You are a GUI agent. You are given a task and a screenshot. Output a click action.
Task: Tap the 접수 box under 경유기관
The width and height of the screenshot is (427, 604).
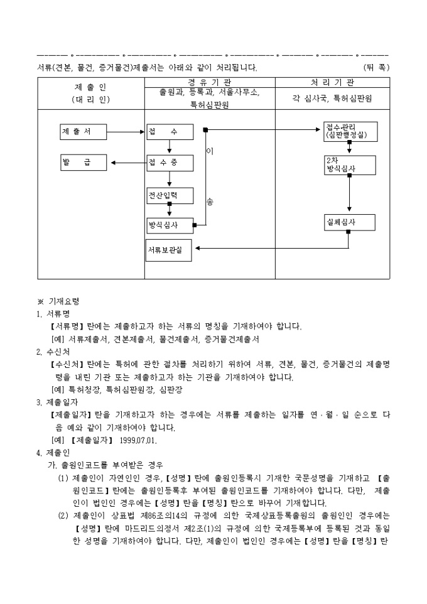pyautogui.click(x=170, y=132)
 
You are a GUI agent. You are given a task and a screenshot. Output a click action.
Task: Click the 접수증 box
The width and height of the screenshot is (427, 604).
pyautogui.click(x=170, y=163)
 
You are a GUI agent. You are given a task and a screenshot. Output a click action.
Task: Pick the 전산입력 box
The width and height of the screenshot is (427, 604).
pyautogui.click(x=170, y=195)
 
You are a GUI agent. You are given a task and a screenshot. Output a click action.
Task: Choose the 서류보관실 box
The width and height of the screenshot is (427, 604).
pyautogui.click(x=167, y=250)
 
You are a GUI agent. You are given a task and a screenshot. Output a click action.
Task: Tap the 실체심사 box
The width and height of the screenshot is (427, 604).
pyautogui.click(x=349, y=222)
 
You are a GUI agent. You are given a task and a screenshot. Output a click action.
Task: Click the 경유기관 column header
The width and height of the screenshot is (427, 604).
pyautogui.click(x=210, y=82)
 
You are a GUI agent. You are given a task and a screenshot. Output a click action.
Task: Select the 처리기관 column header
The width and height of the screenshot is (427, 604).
pyautogui.click(x=332, y=82)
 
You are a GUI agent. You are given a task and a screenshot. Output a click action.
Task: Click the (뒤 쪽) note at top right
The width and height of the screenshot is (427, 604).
pyautogui.click(x=376, y=67)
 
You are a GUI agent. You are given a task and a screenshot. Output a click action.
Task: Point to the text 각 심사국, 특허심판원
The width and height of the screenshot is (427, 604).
pyautogui.click(x=332, y=99)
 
